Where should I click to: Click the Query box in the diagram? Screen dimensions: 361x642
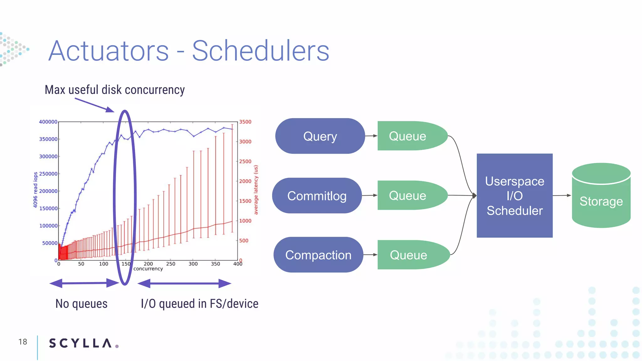click(320, 136)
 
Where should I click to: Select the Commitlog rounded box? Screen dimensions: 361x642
click(317, 196)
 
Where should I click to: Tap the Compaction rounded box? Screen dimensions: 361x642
click(318, 255)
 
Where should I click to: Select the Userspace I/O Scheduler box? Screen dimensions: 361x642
click(514, 196)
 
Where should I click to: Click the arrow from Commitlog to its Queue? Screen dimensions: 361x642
click(370, 196)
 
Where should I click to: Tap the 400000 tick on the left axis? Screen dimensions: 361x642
click(48, 122)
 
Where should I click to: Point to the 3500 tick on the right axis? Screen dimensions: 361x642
click(245, 122)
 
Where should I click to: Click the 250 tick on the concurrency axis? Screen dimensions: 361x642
click(171, 264)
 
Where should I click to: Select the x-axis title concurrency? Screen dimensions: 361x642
click(148, 269)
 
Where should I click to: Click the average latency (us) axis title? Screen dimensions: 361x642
click(256, 190)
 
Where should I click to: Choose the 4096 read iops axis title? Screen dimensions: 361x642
click(35, 190)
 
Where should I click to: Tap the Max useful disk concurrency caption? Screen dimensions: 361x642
click(115, 90)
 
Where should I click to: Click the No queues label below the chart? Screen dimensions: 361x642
click(81, 303)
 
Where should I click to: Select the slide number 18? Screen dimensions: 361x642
click(23, 342)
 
